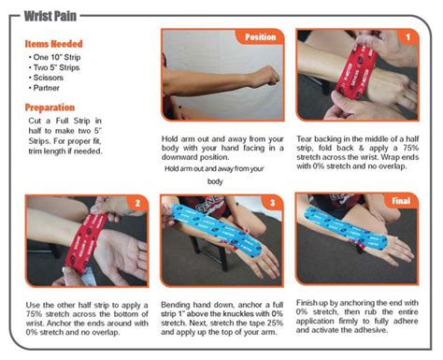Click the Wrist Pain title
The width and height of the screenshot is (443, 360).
pos(50,16)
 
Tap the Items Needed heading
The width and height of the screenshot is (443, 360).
pos(54,44)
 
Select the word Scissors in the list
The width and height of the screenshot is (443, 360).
pos(49,78)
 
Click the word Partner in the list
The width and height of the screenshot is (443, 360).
pos(47,88)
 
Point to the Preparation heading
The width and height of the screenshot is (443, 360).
pos(50,108)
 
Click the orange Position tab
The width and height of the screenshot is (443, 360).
pos(260,37)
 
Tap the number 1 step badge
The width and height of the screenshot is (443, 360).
pos(407,37)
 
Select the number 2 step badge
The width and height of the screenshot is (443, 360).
pos(137,203)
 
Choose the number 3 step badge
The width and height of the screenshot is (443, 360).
pos(272,203)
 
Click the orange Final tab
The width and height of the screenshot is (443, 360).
pos(401,201)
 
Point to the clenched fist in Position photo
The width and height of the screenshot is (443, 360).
pos(264,77)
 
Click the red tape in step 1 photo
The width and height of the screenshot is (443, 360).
pos(356,72)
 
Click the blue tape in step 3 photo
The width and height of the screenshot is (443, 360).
pos(218,230)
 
